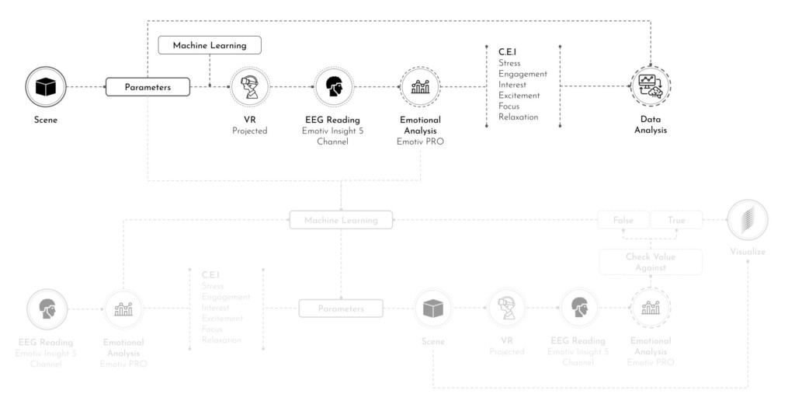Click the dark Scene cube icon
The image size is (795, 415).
tap(46, 86)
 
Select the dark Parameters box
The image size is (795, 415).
tap(148, 87)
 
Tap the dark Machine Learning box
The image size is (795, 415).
tap(210, 45)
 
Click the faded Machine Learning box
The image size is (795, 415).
tap(341, 220)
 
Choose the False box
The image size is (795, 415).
tap(623, 220)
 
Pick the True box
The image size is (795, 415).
tap(676, 220)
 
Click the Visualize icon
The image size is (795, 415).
tap(747, 220)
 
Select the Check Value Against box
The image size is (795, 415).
tap(651, 262)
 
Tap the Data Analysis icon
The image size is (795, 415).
tap(650, 86)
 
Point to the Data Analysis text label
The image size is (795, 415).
tap(650, 125)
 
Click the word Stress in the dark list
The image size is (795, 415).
tap(509, 63)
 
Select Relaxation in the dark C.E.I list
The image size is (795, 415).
tap(518, 117)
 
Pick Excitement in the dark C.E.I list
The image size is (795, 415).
tap(519, 96)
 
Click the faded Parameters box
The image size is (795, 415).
tap(341, 309)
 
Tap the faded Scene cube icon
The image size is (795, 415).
tap(432, 309)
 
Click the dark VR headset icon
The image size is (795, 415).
tap(250, 86)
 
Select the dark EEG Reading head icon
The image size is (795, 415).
tap(334, 86)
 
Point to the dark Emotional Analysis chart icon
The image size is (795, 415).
tap(420, 86)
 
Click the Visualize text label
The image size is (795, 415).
tap(747, 252)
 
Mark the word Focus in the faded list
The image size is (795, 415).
tap(212, 330)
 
